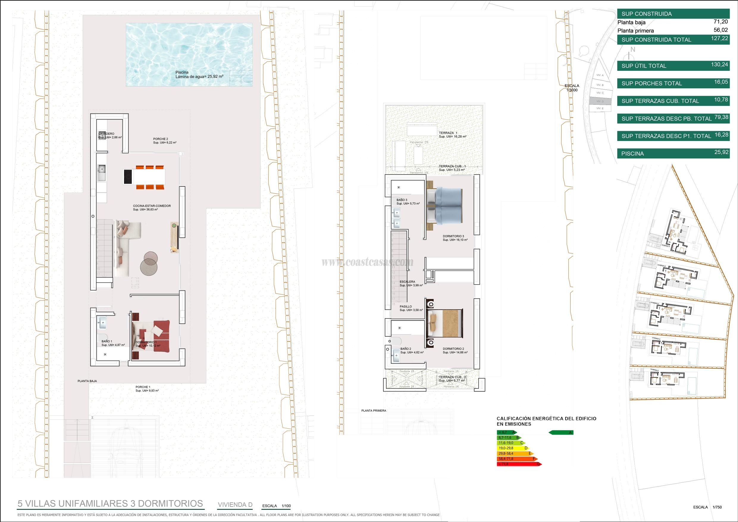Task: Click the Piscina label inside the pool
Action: [182, 72]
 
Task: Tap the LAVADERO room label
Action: [106, 134]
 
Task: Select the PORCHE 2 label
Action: [161, 139]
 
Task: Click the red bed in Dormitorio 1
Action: [151, 336]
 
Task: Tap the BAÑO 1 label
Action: [107, 341]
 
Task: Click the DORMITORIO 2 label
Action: [453, 349]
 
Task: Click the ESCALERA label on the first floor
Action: [407, 282]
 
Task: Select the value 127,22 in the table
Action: [721, 38]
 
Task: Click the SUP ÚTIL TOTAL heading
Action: [643, 66]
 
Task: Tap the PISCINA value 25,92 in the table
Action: [721, 152]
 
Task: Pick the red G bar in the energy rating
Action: [519, 464]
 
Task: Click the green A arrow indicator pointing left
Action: [561, 433]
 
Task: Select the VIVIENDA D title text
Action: [235, 505]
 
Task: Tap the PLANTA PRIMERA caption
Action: [374, 410]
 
